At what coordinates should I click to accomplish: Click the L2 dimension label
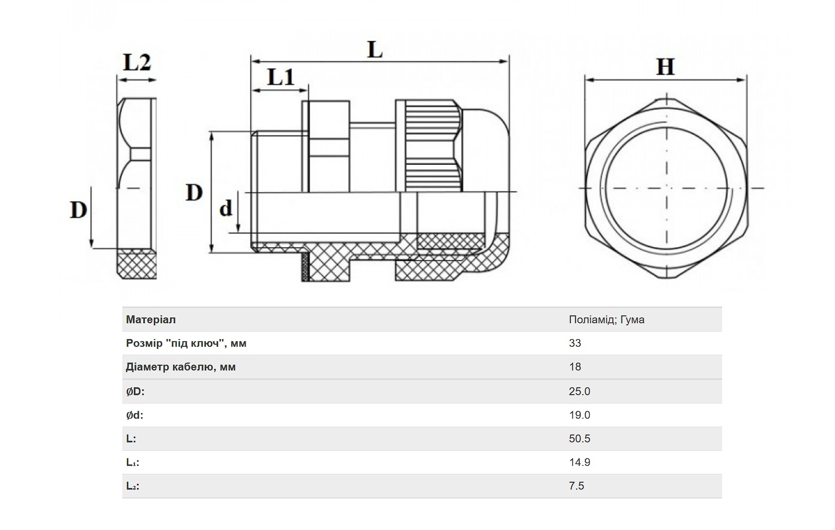pyautogui.click(x=137, y=62)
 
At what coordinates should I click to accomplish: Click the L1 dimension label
pyautogui.click(x=281, y=77)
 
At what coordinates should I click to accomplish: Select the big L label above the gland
pyautogui.click(x=375, y=49)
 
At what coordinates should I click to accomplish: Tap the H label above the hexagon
pyautogui.click(x=665, y=67)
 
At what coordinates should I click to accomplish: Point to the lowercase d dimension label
pyautogui.click(x=226, y=208)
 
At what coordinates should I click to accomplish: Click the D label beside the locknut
pyautogui.click(x=79, y=210)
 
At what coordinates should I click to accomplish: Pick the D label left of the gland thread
pyautogui.click(x=194, y=193)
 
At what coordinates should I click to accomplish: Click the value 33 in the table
pyautogui.click(x=575, y=343)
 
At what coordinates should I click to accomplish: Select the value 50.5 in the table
pyautogui.click(x=579, y=438)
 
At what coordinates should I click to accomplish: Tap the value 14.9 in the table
pyautogui.click(x=579, y=462)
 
